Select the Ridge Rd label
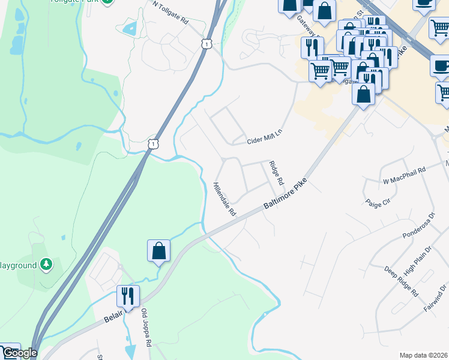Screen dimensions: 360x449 277,173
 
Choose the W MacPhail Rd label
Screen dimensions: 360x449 403,175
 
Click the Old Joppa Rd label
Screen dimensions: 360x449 145,328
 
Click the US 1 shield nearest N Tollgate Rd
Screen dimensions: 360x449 206,44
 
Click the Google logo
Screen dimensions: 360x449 19,352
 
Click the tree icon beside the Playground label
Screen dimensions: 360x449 46,264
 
